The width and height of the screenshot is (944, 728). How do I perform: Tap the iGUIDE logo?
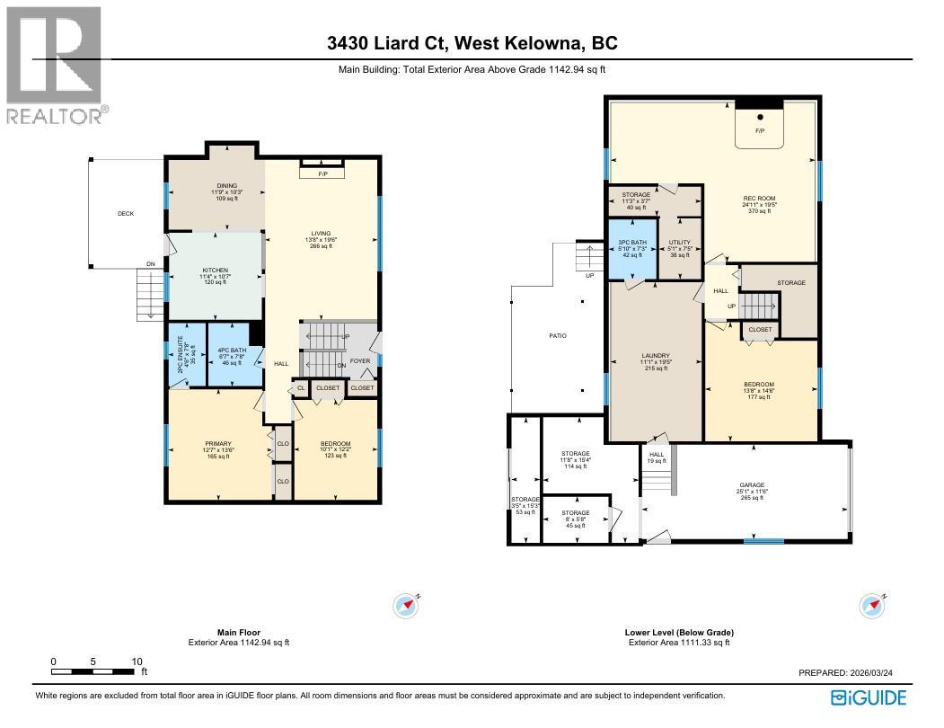868,697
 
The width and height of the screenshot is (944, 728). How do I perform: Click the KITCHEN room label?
215,271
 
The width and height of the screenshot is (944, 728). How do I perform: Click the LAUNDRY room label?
657,355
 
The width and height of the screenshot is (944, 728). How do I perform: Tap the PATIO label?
558,336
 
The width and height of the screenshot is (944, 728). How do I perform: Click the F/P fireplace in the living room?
322,173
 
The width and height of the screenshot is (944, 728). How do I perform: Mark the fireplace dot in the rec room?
760,117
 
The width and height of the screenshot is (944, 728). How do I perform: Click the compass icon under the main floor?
407,605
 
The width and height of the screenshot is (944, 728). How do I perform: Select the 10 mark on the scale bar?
137,661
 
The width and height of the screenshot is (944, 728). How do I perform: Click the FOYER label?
359,360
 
